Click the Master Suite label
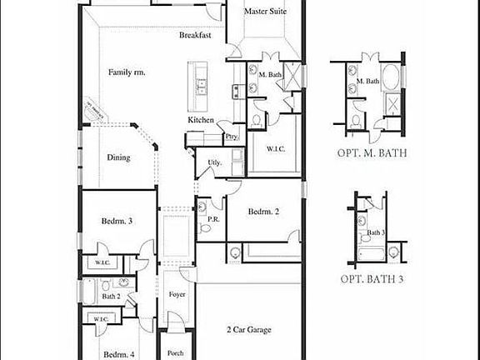point(265,12)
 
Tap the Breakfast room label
point(195,36)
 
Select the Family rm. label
point(127,72)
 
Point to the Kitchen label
point(201,121)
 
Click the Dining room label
point(118,157)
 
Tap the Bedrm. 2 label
point(263,212)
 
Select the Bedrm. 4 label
point(118,354)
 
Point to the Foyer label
point(177,295)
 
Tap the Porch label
point(175,353)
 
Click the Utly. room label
point(215,162)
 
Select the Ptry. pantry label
point(232,135)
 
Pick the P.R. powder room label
point(212,219)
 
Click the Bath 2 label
point(112,296)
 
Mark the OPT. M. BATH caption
point(371,153)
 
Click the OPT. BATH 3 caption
point(372,280)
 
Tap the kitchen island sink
point(200,82)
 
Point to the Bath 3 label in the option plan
point(377,232)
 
